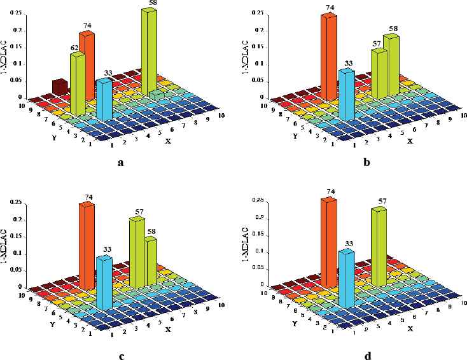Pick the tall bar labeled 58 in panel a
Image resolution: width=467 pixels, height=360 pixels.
150,51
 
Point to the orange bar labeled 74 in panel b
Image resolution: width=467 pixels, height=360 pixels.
329,57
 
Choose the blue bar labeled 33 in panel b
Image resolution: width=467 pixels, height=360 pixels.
346,95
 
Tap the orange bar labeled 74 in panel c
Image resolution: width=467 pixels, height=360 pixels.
87,245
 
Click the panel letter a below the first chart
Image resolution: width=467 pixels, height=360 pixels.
120,163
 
